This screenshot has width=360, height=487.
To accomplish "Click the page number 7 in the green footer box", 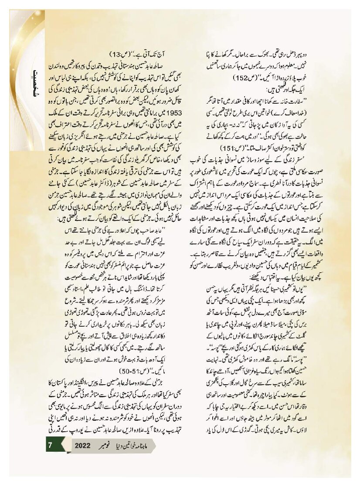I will click(x=51, y=445).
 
